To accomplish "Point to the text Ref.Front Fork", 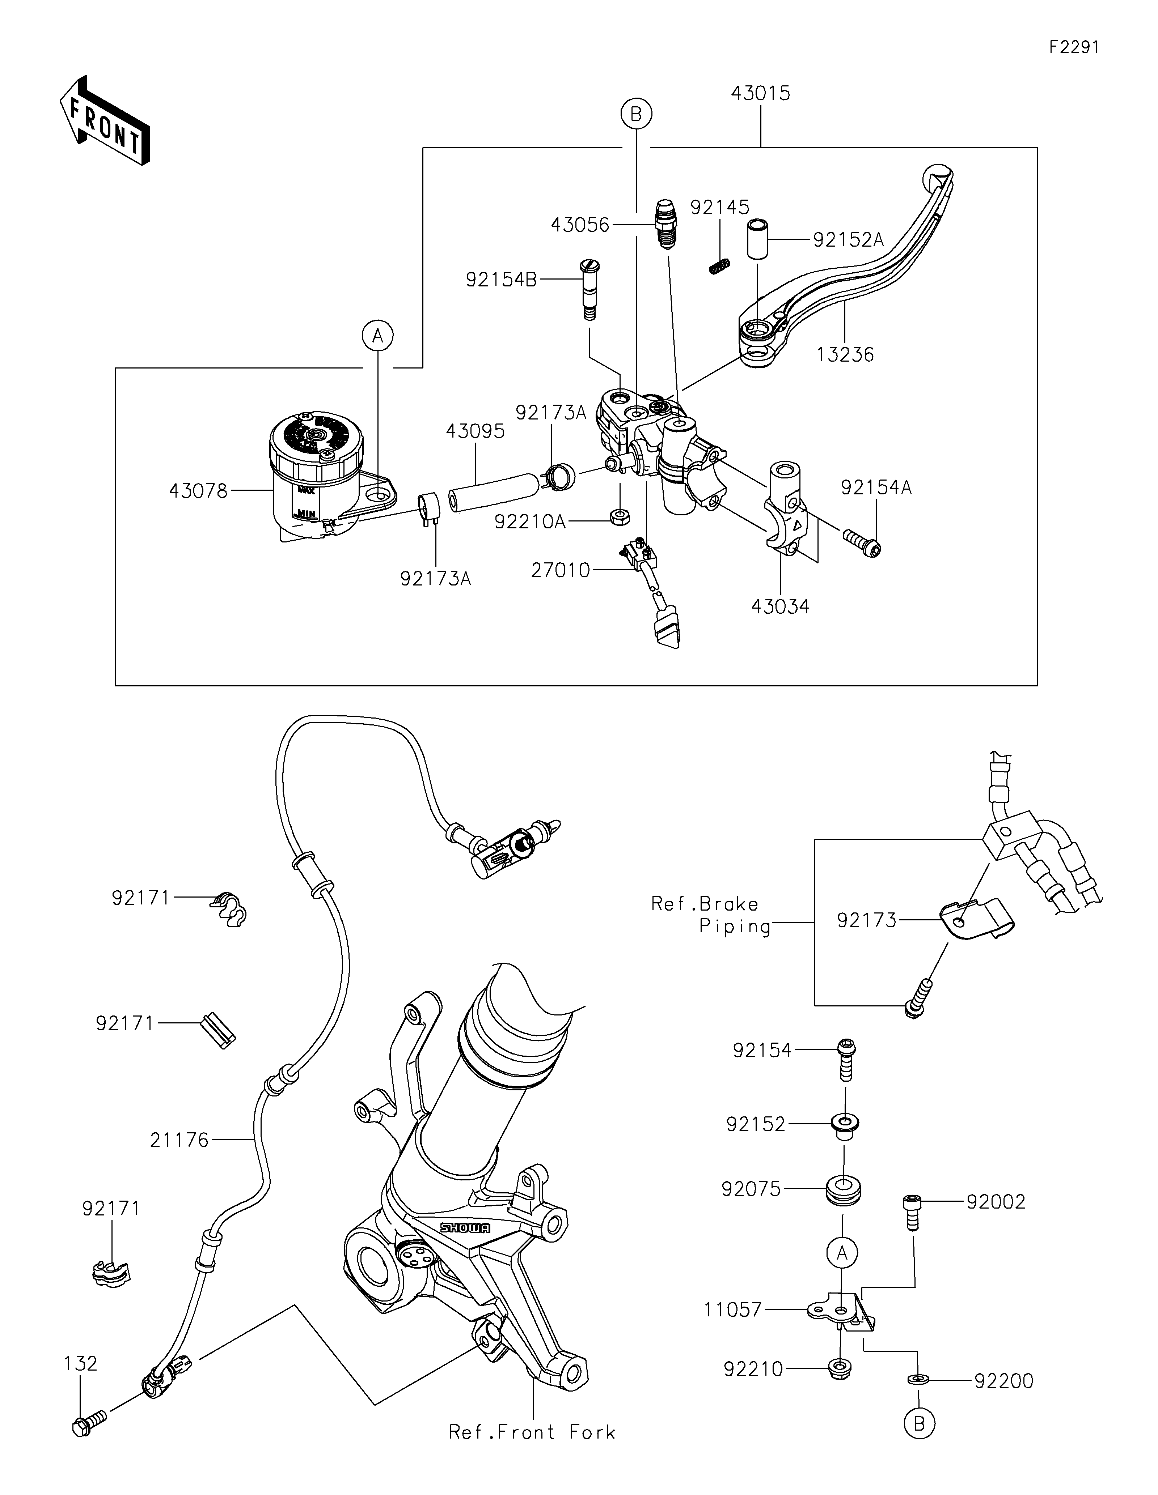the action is point(532,1432).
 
